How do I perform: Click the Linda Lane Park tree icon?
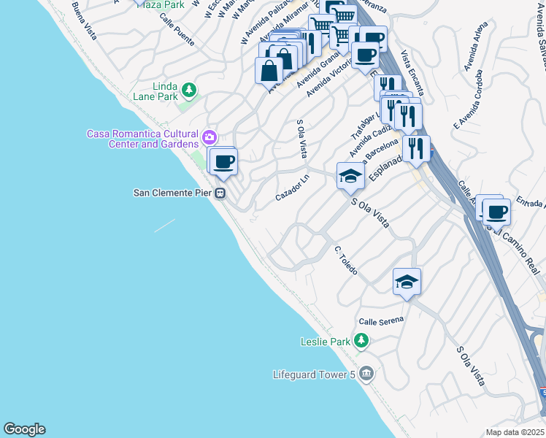189,90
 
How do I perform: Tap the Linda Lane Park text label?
155,91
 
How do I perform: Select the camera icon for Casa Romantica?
209,137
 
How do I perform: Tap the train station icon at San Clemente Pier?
220,193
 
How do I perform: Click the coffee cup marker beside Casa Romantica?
224,161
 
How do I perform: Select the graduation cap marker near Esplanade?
350,176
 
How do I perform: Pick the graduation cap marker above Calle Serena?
407,282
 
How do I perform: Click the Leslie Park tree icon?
361,341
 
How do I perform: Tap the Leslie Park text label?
326,342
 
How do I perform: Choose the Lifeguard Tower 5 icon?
366,374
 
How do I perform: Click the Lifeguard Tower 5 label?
315,375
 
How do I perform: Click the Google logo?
24,429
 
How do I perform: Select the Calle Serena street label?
380,320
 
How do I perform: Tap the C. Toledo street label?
346,261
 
